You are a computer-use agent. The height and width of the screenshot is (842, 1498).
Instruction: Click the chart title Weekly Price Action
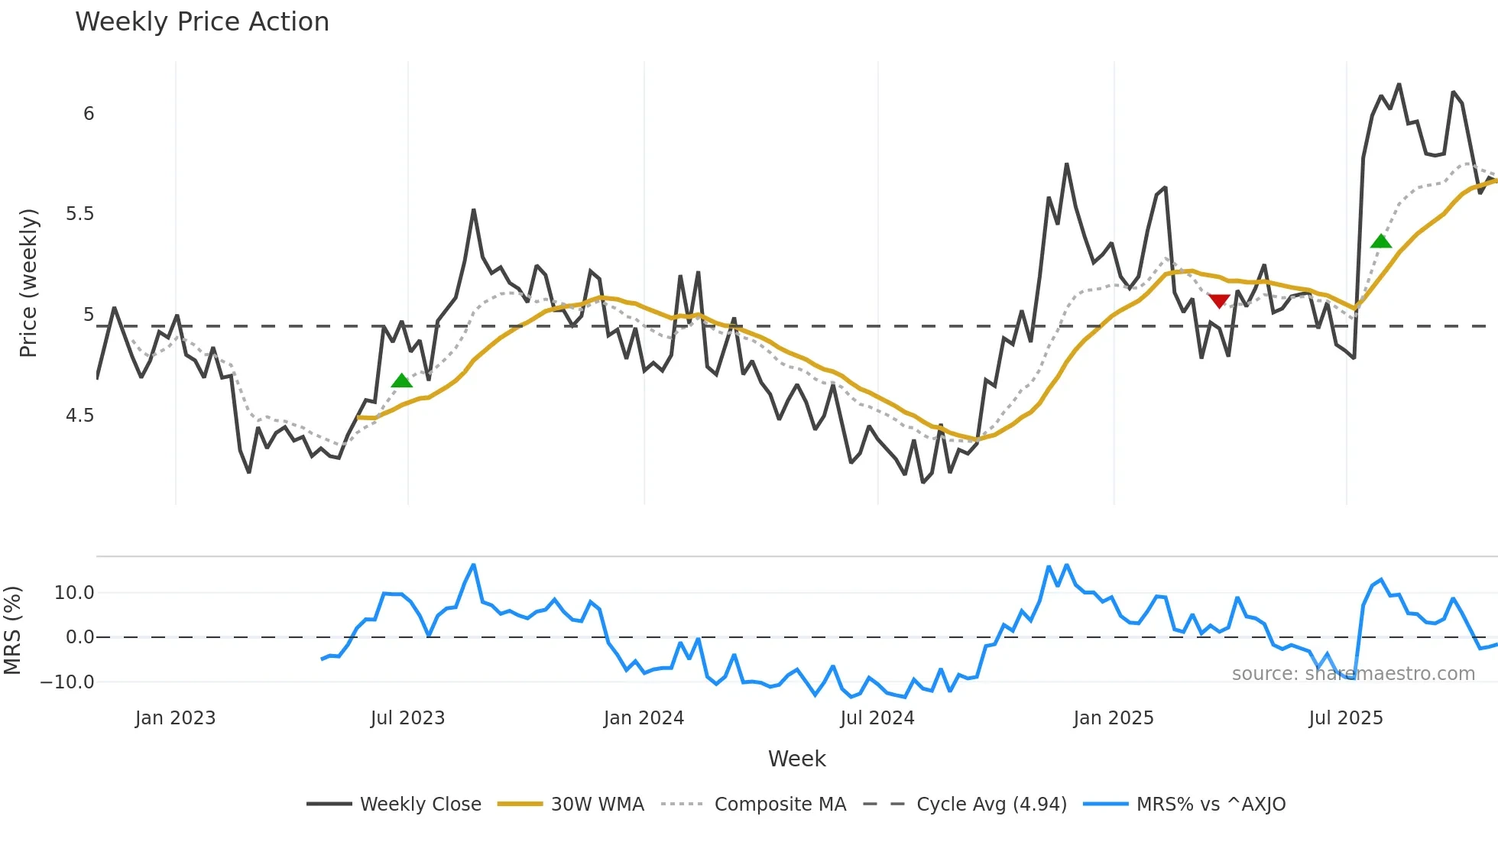[x=202, y=21]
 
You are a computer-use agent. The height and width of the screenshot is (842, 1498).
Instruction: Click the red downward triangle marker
[x=1219, y=301]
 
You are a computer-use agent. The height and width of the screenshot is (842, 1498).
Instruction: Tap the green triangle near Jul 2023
[x=401, y=381]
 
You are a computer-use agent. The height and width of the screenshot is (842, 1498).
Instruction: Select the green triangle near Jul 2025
[x=1381, y=241]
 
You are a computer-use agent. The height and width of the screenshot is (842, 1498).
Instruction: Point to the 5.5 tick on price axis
[x=79, y=214]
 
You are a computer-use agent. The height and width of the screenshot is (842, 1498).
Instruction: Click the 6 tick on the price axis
[x=89, y=114]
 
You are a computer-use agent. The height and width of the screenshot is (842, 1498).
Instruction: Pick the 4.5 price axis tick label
[x=79, y=416]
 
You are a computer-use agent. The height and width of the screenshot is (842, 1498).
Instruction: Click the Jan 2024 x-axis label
[x=644, y=718]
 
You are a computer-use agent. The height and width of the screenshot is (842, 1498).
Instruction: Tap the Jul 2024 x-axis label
[x=877, y=718]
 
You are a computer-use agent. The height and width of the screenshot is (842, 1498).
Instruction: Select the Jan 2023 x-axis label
[x=175, y=718]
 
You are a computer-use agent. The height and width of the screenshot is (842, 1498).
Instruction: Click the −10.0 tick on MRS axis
[x=67, y=682]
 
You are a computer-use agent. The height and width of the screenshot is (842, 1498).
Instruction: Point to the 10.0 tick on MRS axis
[x=74, y=593]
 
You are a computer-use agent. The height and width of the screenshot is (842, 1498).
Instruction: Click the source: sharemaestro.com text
[x=1353, y=674]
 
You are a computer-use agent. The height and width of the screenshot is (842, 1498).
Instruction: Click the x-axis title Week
[x=796, y=759]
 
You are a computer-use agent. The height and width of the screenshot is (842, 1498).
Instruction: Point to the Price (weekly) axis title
[x=28, y=283]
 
